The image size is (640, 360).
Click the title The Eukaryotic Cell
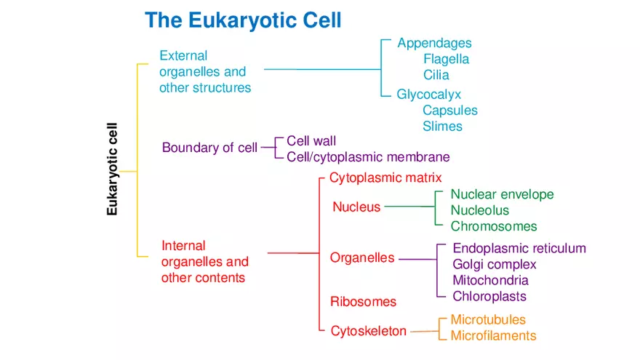tap(243, 20)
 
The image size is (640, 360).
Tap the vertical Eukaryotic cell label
tap(112, 169)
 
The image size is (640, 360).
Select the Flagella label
tap(446, 59)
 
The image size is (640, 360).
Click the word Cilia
tap(436, 75)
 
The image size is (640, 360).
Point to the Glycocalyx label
tap(428, 95)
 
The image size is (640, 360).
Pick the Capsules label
tap(450, 111)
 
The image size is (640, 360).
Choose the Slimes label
tap(442, 127)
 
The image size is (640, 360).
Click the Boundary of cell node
tap(209, 148)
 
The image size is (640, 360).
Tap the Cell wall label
tap(311, 141)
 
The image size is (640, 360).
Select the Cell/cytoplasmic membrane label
tap(368, 157)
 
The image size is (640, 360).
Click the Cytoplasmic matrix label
tap(385, 177)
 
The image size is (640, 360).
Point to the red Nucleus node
tap(356, 207)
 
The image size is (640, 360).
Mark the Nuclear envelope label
tap(502, 194)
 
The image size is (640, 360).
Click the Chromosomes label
tap(494, 226)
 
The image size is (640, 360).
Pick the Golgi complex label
tap(495, 265)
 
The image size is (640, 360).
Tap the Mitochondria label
tap(490, 281)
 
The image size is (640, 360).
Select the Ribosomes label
tap(363, 302)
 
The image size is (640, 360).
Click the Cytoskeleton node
tap(369, 331)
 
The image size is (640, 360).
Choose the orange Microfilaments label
tap(493, 336)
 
